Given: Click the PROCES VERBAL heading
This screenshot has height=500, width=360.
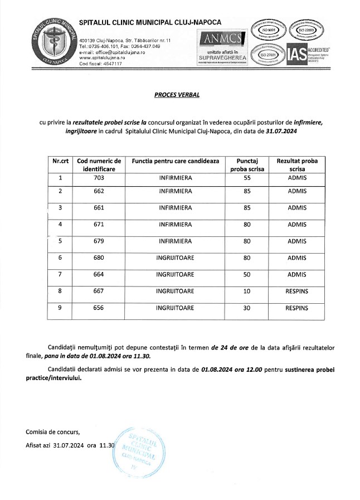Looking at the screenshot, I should tap(177, 95).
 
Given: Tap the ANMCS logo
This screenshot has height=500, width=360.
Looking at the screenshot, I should tap(222, 38).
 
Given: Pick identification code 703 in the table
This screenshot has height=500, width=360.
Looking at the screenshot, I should tap(99, 178).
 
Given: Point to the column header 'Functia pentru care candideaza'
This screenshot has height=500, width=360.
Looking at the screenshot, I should tap(175, 161).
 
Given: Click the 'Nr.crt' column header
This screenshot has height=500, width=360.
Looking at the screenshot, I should tap(60, 161).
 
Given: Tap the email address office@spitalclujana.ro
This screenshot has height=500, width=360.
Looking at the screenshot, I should tap(115, 52).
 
